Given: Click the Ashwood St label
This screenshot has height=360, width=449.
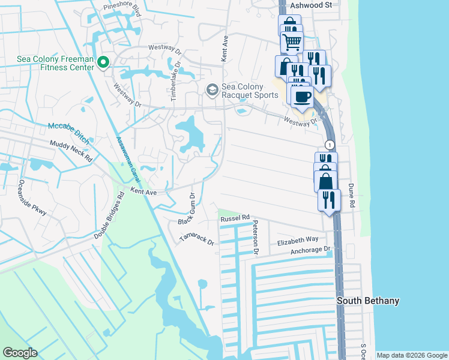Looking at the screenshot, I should coord(310,5).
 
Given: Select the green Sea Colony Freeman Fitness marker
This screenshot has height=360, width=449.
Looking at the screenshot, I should coord(103,62).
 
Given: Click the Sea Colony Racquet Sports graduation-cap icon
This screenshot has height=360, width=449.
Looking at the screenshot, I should coord(211,90).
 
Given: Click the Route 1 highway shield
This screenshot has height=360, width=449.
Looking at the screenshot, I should coord(329,145).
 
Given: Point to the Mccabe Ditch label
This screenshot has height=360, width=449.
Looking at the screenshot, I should coord(68,133).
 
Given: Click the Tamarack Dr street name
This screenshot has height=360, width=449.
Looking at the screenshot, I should coord(196,238).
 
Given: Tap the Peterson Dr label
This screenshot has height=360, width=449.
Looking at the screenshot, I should coord(255,238).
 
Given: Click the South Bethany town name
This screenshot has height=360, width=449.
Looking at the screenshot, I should coord(367,301).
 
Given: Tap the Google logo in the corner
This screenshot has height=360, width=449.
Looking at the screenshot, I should coord(20,353).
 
